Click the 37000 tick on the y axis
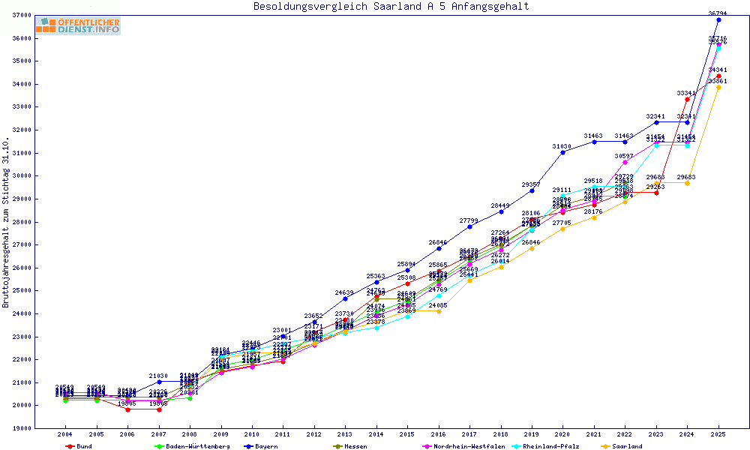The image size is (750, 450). click(x=20, y=15)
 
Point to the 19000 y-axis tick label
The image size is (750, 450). click(x=20, y=428)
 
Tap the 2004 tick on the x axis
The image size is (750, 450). click(x=65, y=434)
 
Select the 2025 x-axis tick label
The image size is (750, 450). click(x=718, y=434)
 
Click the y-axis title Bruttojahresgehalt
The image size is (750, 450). click(x=6, y=223)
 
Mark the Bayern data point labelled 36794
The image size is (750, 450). click(x=718, y=19)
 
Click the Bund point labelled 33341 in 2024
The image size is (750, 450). click(x=687, y=99)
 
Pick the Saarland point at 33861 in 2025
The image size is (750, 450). click(x=718, y=87)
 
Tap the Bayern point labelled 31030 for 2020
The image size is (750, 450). click(x=562, y=152)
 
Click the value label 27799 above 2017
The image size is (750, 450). click(x=469, y=220)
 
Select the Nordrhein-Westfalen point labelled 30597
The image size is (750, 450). click(x=625, y=162)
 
